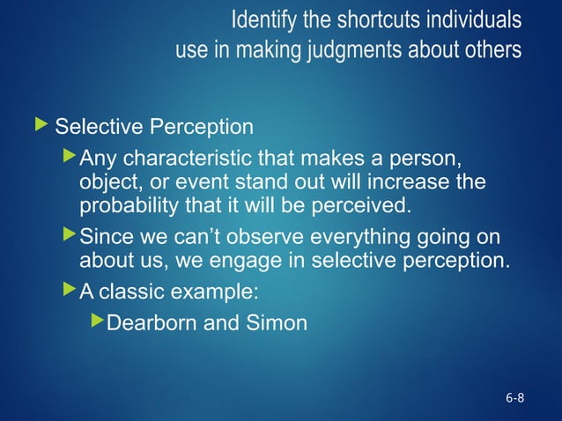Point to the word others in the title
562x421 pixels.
click(491, 50)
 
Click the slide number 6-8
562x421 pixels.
click(514, 398)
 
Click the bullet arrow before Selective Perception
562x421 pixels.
click(42, 126)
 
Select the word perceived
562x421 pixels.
click(369, 208)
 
